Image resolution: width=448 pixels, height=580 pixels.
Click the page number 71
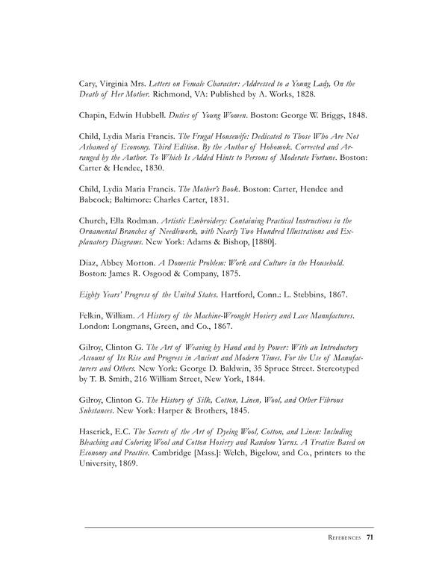click(x=369, y=537)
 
